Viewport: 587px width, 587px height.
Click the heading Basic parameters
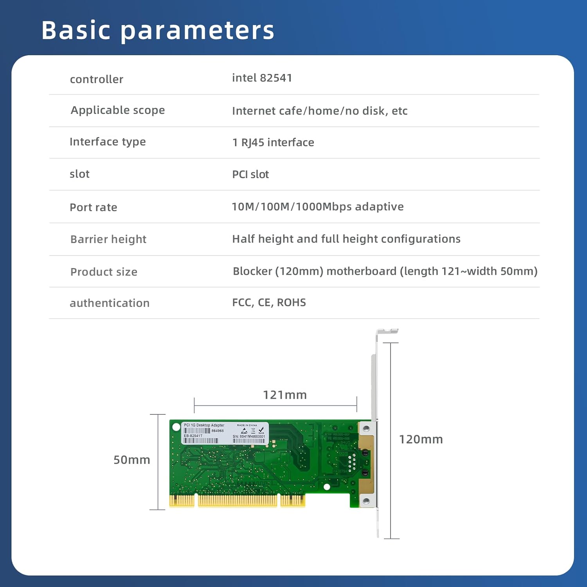[158, 30]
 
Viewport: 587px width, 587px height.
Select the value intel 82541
[262, 78]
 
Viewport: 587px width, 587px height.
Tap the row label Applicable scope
[117, 110]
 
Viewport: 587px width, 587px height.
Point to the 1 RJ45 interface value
[273, 142]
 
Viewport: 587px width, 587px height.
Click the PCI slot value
[250, 175]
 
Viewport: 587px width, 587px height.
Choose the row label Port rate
[93, 207]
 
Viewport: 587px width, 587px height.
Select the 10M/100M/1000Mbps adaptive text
[317, 207]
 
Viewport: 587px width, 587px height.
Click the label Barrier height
[108, 239]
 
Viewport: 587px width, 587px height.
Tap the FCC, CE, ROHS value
[269, 303]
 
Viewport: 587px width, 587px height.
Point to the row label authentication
[110, 303]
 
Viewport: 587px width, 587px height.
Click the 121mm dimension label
[284, 395]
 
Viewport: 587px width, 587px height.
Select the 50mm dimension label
[131, 460]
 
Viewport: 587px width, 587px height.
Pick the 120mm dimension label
[421, 439]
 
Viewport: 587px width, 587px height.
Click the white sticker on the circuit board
[224, 433]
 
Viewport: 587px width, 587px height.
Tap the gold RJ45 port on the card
[366, 464]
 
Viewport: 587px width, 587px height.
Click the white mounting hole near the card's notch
[327, 487]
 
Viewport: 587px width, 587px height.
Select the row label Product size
[104, 272]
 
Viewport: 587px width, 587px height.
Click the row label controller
[96, 79]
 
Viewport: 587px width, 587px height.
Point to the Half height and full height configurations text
[346, 239]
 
